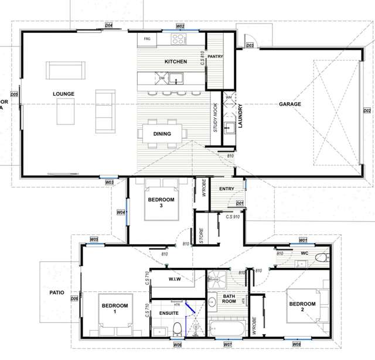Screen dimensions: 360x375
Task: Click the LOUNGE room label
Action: [x=63, y=93]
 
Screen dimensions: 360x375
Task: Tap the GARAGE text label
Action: [x=289, y=104]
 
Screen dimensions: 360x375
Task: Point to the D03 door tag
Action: [x=249, y=45]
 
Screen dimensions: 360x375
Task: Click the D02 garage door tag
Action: [x=367, y=110]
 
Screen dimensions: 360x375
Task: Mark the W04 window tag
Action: [x=121, y=213]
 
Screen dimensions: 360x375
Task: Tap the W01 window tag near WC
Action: [x=303, y=240]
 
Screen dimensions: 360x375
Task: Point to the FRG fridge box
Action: [x=146, y=40]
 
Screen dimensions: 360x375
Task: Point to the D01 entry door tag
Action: [x=240, y=203]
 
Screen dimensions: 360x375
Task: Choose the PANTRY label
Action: [x=216, y=57]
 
